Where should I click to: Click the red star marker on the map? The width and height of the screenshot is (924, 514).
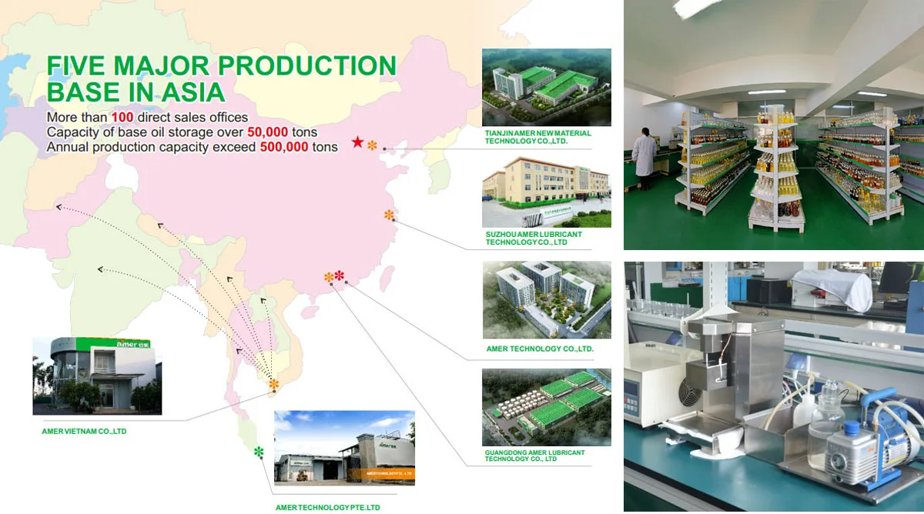coord(357,142)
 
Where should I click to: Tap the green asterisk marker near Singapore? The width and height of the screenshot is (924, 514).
coord(259,452)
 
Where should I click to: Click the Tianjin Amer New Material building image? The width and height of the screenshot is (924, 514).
coord(546,87)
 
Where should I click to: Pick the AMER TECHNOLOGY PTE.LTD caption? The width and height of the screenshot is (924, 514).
coord(327,508)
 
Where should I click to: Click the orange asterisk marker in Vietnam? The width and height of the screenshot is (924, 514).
coord(273,384)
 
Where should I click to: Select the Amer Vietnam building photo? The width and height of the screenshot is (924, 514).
coord(97,375)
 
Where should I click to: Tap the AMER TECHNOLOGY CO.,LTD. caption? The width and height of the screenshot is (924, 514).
coord(540,349)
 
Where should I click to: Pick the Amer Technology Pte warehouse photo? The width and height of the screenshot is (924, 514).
coord(344,449)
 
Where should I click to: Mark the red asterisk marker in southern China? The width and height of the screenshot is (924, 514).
coord(340,275)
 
